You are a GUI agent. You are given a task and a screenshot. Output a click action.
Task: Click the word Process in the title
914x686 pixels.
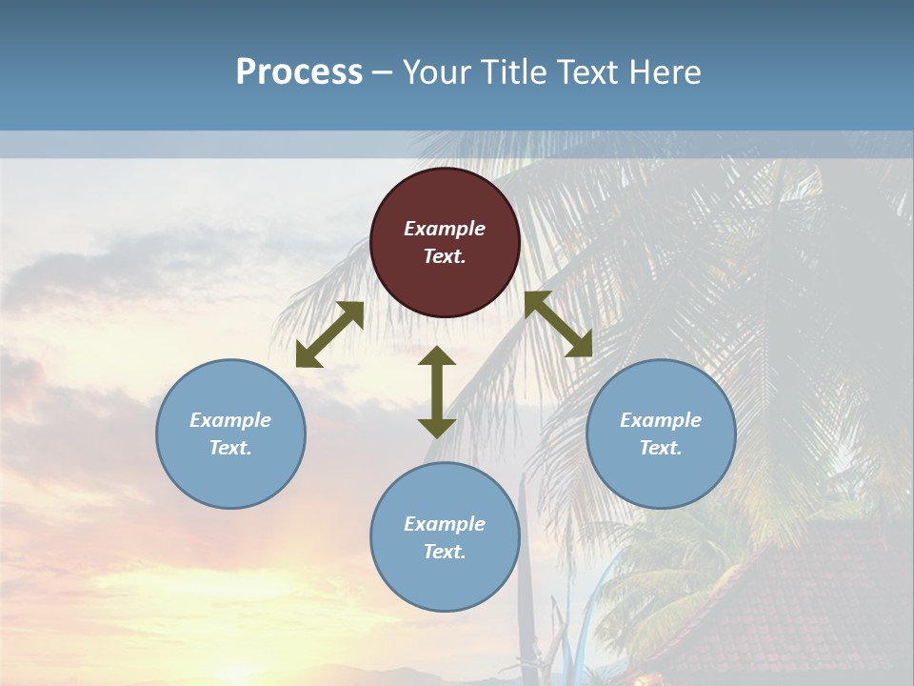[x=299, y=72]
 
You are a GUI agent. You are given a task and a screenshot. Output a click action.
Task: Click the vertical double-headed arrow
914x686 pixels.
[x=437, y=393]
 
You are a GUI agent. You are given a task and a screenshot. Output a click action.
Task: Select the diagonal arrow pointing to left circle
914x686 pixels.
[x=329, y=334]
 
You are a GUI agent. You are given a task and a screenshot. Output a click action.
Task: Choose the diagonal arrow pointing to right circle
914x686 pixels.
[x=559, y=324]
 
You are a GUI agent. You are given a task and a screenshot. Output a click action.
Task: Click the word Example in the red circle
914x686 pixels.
[x=445, y=229]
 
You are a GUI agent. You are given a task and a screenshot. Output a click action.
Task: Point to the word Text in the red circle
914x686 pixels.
[x=445, y=256]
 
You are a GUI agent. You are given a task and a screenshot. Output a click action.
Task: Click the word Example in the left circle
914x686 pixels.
[x=230, y=420]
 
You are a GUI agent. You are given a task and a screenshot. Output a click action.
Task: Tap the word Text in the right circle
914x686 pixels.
[x=661, y=448]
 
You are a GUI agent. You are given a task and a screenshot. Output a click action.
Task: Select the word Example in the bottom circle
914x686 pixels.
[x=445, y=524]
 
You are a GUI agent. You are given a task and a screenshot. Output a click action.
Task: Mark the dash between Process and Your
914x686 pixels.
[x=382, y=73]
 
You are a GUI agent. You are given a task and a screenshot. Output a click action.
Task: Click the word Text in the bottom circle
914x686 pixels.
[x=445, y=552]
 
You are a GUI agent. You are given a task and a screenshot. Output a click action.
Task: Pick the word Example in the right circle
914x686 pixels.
[x=661, y=420]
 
